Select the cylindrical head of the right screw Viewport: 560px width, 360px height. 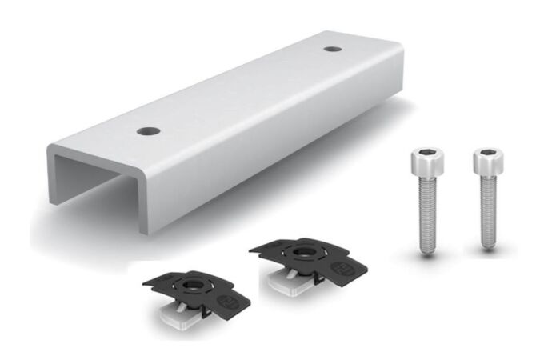pos(485,162)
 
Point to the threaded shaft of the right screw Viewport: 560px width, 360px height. pos(486,212)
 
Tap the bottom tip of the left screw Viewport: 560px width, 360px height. pos(425,252)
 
